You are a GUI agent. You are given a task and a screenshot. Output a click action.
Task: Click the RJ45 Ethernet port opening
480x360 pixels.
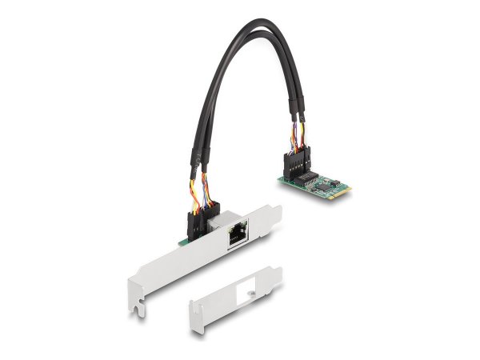[x=237, y=236]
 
